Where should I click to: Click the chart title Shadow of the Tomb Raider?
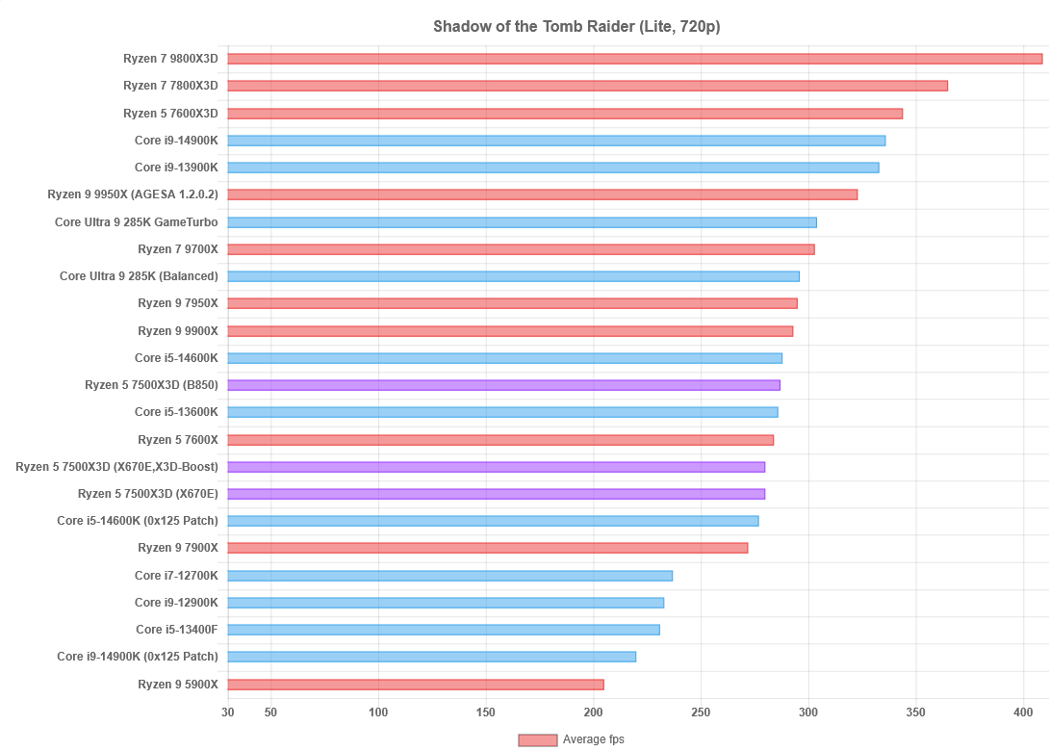coord(576,26)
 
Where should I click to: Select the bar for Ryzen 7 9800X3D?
coord(635,59)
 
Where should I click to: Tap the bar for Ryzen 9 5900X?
coord(416,685)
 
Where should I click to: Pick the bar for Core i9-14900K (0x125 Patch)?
coord(431,657)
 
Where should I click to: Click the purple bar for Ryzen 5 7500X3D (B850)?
coord(503,385)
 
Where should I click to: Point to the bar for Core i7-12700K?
coord(449,576)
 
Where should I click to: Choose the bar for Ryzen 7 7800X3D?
coord(587,86)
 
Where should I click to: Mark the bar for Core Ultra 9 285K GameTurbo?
coord(522,222)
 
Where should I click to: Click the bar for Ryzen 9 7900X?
coord(487,548)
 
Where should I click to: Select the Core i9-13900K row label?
coord(176,168)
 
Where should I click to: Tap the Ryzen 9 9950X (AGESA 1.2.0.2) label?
coord(133,194)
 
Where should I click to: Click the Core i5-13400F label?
coord(177,630)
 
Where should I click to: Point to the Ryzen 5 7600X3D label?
coord(170,114)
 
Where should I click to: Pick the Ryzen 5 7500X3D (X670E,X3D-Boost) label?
coord(116,467)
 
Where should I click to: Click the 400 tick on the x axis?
coord(1023,712)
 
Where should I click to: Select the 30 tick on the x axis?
coord(227,712)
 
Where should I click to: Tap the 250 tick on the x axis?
coord(701,712)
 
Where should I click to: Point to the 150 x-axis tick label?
coord(486,712)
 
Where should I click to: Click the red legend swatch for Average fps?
coord(537,739)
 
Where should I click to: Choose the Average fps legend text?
coord(594,739)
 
